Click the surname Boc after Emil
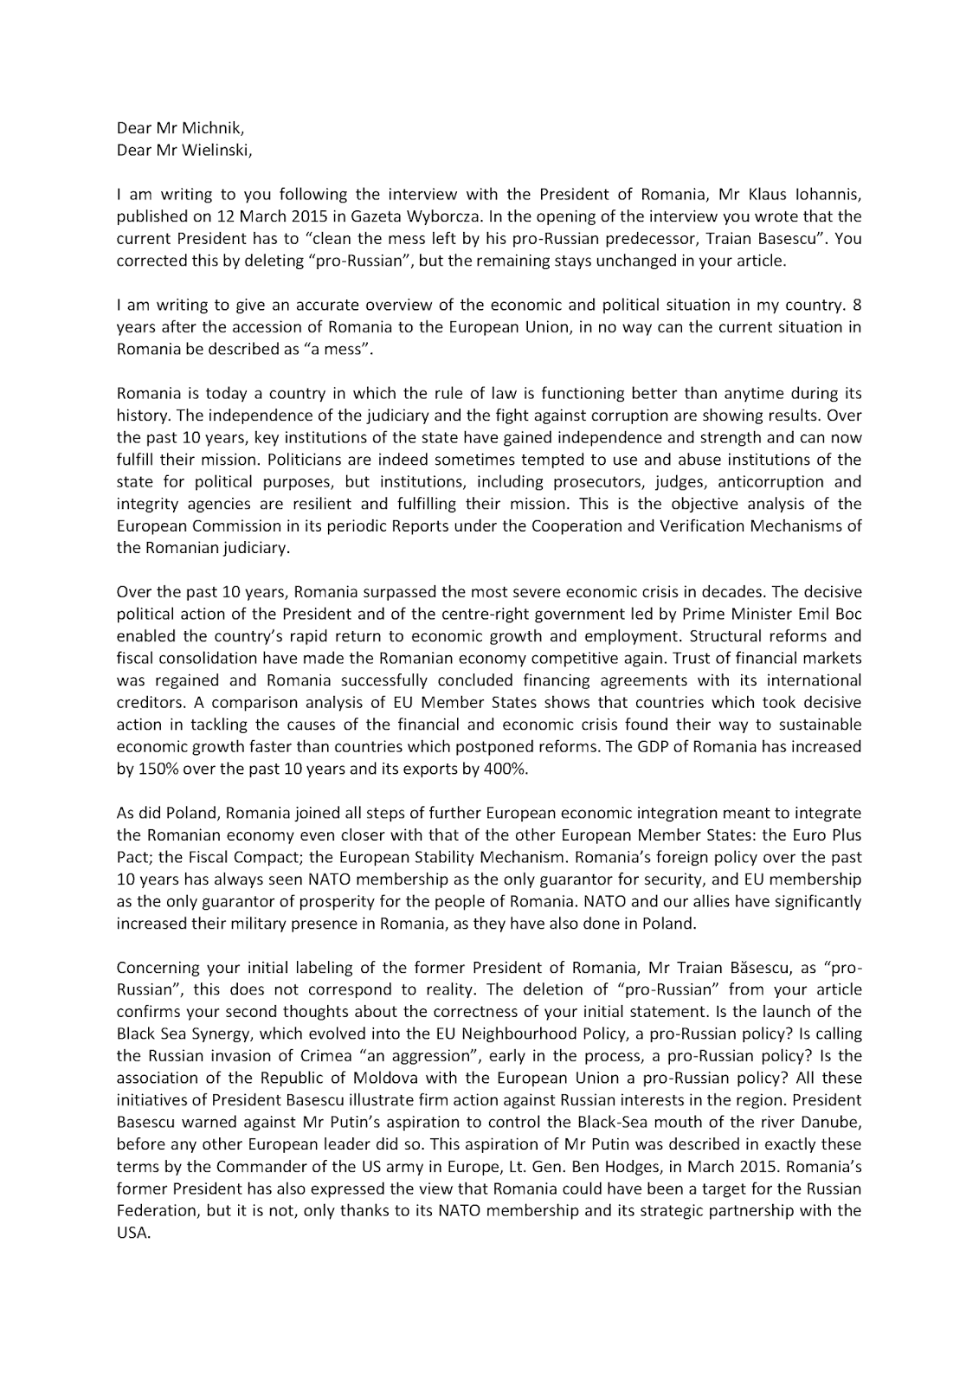(x=846, y=614)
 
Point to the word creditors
(x=146, y=702)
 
